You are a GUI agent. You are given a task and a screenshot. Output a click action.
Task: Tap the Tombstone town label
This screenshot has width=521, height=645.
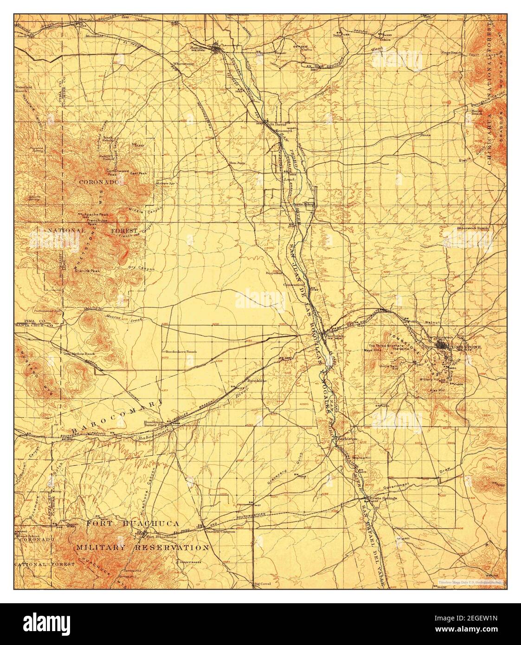pos(468,347)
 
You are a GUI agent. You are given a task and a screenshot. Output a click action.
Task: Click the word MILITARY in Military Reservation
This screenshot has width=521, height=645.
pos(100,548)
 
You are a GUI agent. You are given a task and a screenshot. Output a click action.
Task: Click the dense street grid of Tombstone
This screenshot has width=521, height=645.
pos(441,346)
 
